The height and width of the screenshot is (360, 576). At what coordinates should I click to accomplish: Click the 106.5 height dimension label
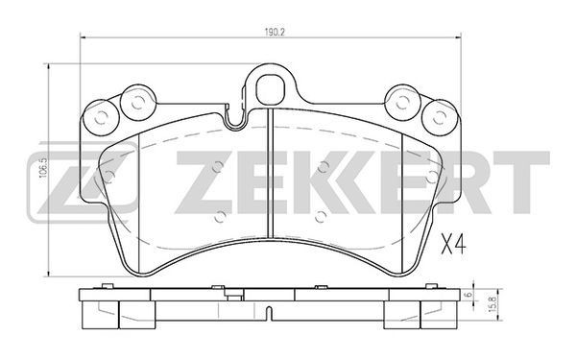(x=43, y=168)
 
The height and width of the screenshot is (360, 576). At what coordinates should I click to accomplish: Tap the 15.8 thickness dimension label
(x=493, y=304)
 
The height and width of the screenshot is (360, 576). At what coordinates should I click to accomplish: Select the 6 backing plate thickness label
(x=468, y=295)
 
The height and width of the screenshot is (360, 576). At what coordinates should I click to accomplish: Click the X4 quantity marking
(x=453, y=245)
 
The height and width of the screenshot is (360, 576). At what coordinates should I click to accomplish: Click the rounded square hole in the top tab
(x=271, y=90)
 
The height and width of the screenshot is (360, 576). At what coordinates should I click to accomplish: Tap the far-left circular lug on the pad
(x=100, y=117)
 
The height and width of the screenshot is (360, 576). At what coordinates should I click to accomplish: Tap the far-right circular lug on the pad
(x=440, y=117)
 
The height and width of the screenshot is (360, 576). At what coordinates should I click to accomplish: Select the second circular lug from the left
(x=137, y=103)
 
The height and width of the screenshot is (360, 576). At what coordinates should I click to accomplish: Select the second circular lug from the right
(x=402, y=103)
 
